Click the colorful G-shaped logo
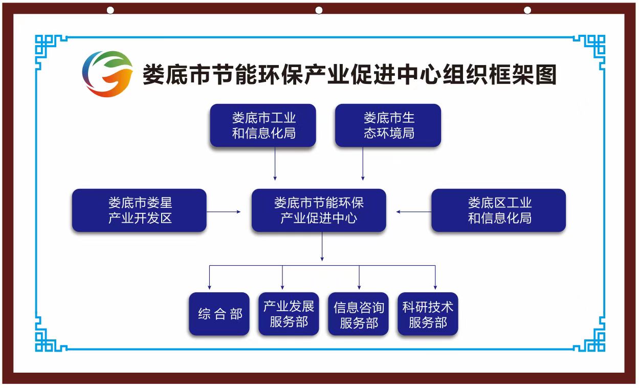[107, 74]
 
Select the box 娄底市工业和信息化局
[263, 125]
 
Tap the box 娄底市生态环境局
[388, 125]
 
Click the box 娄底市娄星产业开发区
[139, 210]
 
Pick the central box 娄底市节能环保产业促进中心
[319, 210]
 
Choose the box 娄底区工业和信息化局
[498, 210]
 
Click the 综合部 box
[219, 314]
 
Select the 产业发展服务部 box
[289, 314]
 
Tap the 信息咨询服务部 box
[358, 314]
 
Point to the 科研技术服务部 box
[428, 314]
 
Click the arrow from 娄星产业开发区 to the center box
[224, 212]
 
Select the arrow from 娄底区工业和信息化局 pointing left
[414, 212]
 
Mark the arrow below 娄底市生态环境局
[363, 164]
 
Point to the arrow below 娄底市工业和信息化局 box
[275, 164]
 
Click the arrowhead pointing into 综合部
[209, 287]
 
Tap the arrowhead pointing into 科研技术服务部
[435, 287]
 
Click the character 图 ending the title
[546, 75]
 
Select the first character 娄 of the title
[153, 75]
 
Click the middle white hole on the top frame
[319, 10]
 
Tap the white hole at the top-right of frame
[527, 10]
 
